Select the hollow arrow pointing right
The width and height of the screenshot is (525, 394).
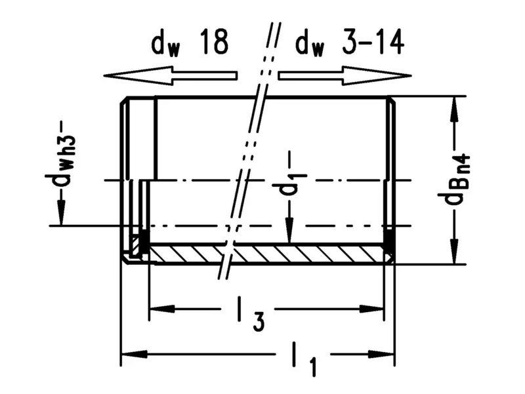[x=345, y=75]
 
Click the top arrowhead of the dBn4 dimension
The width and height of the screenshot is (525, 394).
[x=452, y=109]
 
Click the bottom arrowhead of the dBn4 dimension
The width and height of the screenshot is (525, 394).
[x=452, y=252]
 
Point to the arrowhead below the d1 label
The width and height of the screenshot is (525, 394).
[x=289, y=233]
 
